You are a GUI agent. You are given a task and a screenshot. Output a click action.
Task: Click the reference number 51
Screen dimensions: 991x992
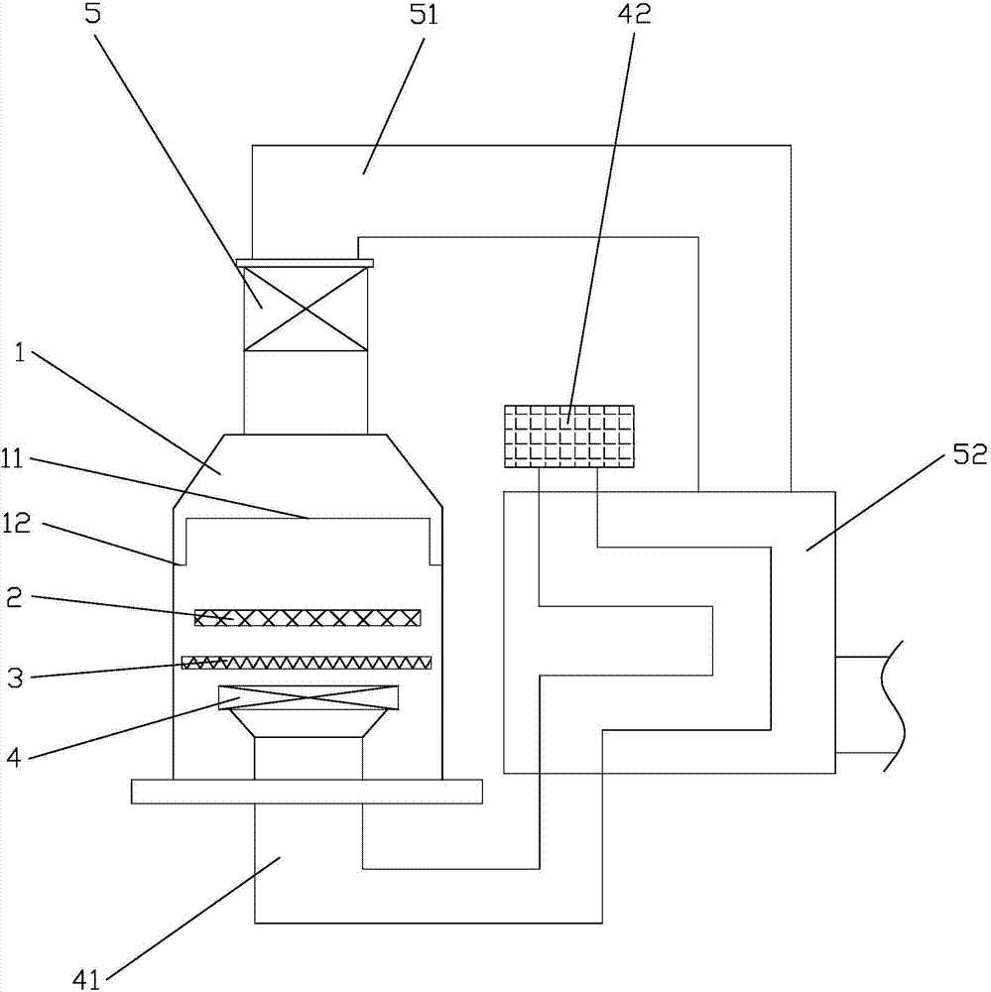(x=424, y=14)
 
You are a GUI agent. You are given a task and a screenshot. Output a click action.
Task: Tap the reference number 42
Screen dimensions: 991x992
(x=635, y=13)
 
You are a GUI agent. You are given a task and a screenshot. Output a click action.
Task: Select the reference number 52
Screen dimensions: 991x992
(x=970, y=453)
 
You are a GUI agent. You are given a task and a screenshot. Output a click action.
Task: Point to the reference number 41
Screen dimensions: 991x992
(x=86, y=979)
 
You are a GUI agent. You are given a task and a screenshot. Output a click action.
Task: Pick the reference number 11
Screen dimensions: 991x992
(x=11, y=457)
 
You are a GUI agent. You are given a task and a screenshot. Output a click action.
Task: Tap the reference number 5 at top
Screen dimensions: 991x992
(x=92, y=13)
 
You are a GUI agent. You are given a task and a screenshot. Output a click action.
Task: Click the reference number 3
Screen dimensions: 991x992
(x=15, y=679)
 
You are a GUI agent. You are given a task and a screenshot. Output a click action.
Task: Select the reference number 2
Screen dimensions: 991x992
(x=14, y=597)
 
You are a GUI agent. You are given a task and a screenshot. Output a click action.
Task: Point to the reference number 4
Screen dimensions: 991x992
(x=14, y=756)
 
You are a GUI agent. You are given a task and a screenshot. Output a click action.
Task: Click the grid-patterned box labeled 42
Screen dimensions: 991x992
(x=569, y=436)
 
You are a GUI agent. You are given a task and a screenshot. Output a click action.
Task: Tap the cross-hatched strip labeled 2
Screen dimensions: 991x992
(x=307, y=617)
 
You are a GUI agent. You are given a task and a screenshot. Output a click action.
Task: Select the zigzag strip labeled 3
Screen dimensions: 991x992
(x=307, y=663)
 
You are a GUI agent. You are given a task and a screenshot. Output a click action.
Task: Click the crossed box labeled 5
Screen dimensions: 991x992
(x=306, y=309)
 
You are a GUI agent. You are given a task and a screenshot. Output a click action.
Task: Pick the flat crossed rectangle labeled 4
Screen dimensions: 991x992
(x=309, y=697)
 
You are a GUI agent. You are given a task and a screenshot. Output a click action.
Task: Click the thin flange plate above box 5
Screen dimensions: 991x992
(x=305, y=263)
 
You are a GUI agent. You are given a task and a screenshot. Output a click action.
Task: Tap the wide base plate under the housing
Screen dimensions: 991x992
(x=307, y=792)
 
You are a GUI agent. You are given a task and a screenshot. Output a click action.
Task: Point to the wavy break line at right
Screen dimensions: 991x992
(x=893, y=705)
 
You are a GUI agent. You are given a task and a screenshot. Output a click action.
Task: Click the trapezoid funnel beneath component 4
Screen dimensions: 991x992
(x=309, y=723)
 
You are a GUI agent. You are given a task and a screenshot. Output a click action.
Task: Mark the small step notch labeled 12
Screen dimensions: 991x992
(x=181, y=561)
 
